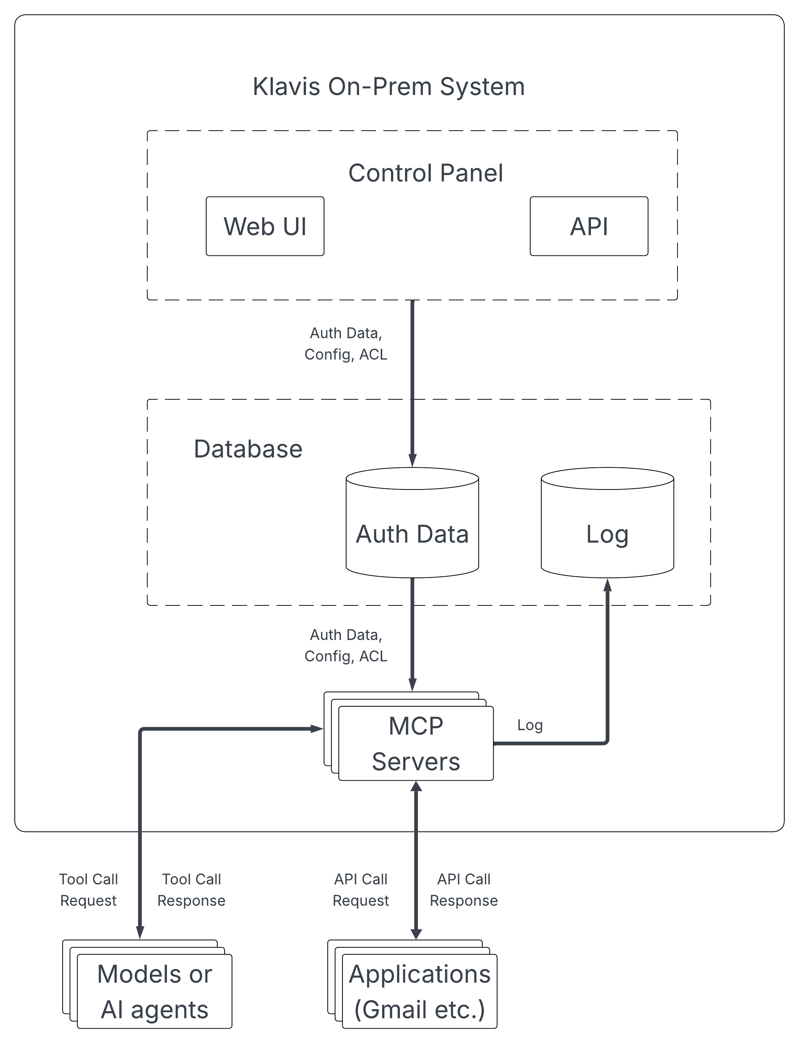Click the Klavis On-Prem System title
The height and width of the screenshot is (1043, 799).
point(388,87)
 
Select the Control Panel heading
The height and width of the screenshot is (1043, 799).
point(425,173)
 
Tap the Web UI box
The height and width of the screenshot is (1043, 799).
point(265,226)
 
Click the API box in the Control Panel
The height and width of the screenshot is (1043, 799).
point(589,226)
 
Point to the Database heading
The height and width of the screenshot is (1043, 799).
point(248,449)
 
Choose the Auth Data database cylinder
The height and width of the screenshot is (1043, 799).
point(412,528)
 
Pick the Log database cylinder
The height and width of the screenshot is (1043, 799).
point(607,528)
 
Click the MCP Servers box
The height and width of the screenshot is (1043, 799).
point(416,743)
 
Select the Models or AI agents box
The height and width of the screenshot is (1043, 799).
point(154,991)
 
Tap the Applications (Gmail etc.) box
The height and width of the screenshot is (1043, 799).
point(419,991)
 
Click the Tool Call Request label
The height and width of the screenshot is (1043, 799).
point(88,890)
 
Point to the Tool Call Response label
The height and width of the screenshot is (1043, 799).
point(191,890)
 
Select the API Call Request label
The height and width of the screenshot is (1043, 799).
point(360,890)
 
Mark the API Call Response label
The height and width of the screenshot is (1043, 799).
point(464,890)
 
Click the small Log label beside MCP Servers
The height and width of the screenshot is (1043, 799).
point(529,725)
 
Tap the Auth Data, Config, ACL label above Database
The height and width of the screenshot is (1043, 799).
point(346,344)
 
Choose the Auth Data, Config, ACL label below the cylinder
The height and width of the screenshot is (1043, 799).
point(346,646)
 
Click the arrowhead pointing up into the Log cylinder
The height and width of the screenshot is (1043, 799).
point(607,585)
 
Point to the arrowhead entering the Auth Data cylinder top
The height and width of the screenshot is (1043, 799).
point(412,460)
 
